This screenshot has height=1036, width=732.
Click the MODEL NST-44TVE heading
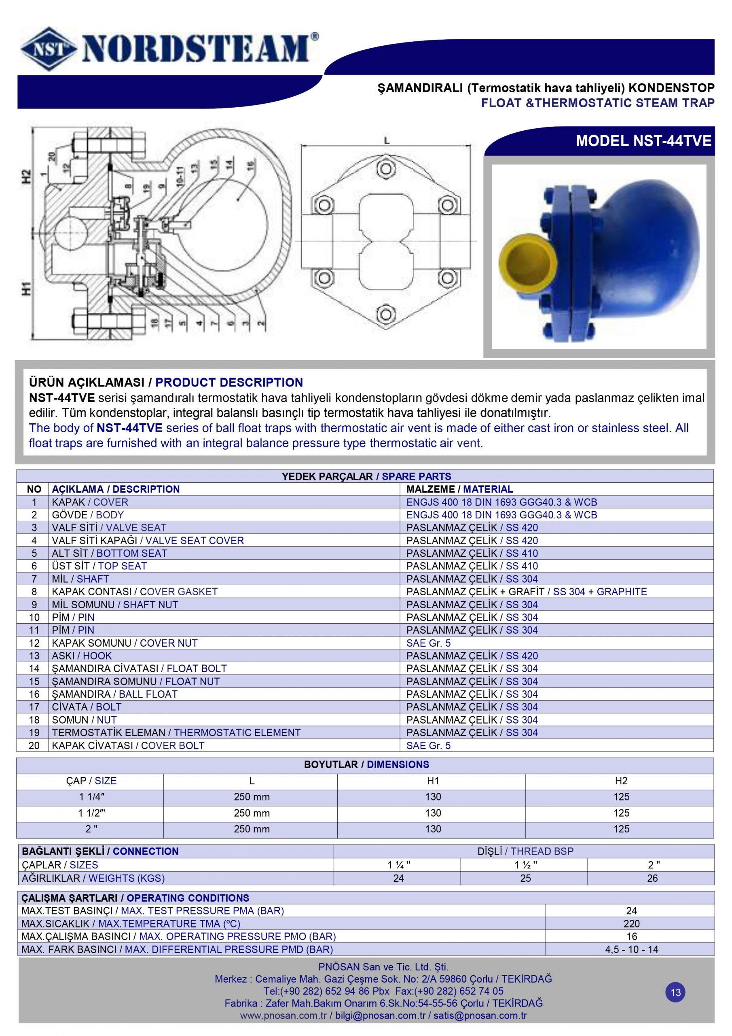pyautogui.click(x=643, y=141)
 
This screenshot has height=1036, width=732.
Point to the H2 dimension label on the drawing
pyautogui.click(x=26, y=176)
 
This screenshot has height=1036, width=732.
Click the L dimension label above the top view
pyautogui.click(x=387, y=141)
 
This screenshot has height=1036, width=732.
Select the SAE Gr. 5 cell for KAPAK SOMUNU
pyautogui.click(x=428, y=643)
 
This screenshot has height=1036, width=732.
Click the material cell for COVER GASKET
pyautogui.click(x=526, y=592)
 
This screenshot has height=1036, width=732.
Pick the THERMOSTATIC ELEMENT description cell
pyautogui.click(x=176, y=732)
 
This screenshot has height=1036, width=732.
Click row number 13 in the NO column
pyautogui.click(x=34, y=656)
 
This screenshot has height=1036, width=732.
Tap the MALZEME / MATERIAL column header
pyautogui.click(x=459, y=489)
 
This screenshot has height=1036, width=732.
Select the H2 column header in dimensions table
pyautogui.click(x=621, y=781)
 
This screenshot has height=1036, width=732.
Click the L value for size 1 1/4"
pyautogui.click(x=251, y=797)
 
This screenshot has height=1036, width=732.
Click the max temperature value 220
pyautogui.click(x=631, y=923)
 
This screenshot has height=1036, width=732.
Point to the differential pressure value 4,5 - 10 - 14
pyautogui.click(x=631, y=949)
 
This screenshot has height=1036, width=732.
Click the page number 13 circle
pyautogui.click(x=675, y=993)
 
